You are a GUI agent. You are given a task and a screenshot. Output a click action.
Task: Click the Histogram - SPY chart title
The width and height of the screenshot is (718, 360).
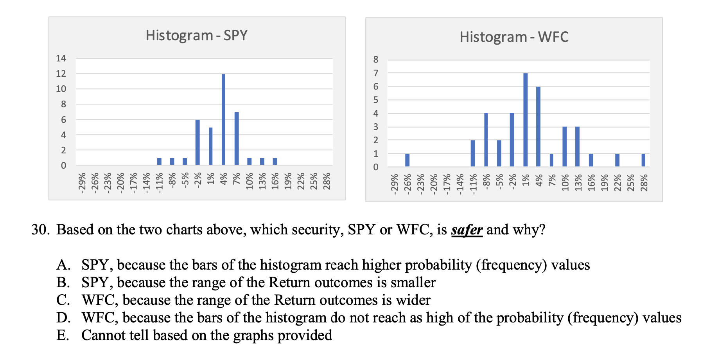(x=196, y=36)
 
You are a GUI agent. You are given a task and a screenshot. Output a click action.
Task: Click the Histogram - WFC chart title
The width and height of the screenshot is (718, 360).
(x=513, y=37)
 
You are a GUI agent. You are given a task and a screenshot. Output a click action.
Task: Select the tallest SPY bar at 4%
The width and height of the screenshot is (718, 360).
(x=223, y=119)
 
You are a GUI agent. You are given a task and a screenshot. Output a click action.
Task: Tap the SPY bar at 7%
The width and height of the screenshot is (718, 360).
(x=237, y=139)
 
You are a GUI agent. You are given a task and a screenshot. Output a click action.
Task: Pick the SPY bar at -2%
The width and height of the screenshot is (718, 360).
(x=197, y=142)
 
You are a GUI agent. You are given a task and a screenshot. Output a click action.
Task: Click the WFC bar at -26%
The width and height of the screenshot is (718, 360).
(x=407, y=160)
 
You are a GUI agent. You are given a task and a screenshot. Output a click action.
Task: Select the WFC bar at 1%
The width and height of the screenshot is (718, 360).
(x=525, y=120)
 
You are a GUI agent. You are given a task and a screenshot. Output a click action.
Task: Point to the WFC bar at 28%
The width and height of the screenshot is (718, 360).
(x=643, y=160)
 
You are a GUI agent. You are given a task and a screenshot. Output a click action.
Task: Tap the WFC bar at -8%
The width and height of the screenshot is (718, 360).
(x=486, y=140)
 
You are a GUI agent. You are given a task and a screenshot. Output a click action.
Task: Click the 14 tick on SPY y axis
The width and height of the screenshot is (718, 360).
(x=61, y=58)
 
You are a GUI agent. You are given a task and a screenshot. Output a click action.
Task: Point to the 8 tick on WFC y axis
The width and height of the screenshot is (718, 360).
(x=376, y=59)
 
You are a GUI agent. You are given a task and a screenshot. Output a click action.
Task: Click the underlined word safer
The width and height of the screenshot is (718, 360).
(x=467, y=230)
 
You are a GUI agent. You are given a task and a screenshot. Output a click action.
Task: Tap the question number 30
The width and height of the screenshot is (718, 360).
(x=40, y=230)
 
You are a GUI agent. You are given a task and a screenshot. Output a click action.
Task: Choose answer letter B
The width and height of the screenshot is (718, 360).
(x=63, y=283)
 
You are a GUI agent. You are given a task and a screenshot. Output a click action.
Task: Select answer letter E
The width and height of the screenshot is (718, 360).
(x=63, y=335)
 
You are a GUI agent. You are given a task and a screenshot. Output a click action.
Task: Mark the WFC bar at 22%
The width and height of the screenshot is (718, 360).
(x=617, y=160)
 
